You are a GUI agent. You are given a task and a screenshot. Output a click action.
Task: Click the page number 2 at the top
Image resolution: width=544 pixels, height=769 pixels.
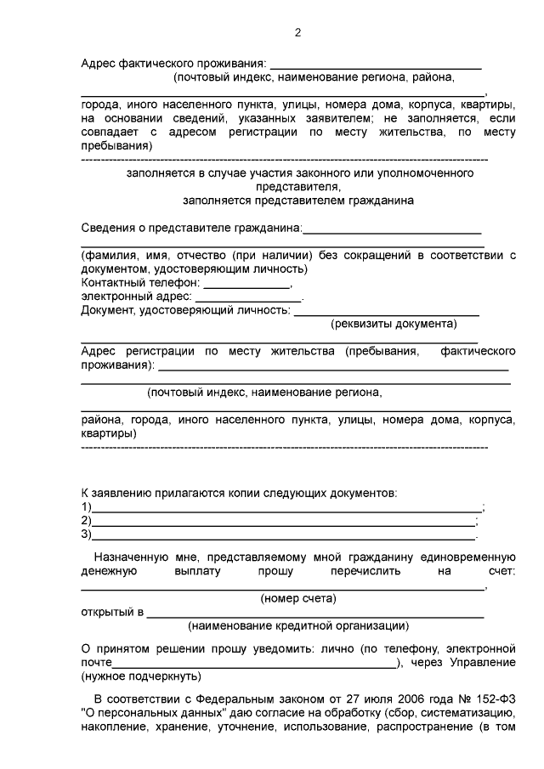pos(297,33)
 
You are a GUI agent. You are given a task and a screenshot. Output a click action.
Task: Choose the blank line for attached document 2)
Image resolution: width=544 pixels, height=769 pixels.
pos(284,523)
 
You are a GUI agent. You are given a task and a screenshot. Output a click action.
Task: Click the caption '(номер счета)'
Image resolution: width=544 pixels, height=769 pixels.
pos(297,599)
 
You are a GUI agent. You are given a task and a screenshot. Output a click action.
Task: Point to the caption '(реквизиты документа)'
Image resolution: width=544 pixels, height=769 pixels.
pos(394,324)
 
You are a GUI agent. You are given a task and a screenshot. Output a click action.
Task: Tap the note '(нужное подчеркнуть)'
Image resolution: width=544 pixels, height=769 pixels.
pos(141,677)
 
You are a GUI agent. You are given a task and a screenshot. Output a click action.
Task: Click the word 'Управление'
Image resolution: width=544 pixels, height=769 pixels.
pos(485,663)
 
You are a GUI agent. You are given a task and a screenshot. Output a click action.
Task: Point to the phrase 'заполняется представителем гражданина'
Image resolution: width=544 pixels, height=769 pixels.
pos(299,201)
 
